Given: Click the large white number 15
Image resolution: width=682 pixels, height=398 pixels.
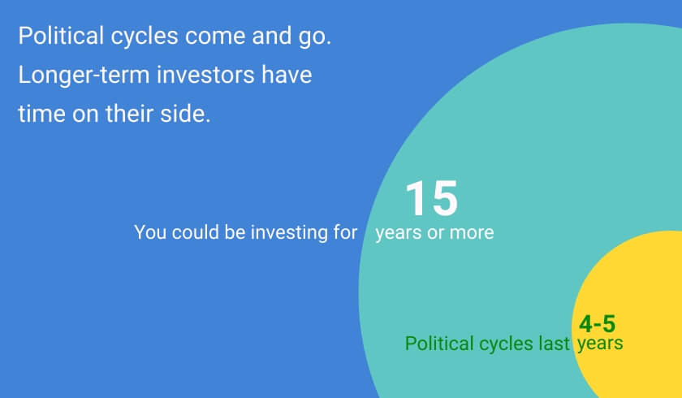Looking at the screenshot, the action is point(431,198).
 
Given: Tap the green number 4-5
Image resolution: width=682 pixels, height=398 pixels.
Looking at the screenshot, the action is point(598,324).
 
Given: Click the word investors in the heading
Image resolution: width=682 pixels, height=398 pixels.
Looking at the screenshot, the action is point(205,75).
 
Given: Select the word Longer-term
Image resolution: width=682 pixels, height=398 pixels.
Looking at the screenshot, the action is point(84,76).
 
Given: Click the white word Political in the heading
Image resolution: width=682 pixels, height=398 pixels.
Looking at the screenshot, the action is point(61,35).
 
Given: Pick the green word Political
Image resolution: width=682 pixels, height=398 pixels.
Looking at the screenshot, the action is point(440,344).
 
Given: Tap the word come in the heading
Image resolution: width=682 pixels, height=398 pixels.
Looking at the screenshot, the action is point(216,37).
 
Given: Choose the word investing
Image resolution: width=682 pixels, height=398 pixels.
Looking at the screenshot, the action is point(289,233).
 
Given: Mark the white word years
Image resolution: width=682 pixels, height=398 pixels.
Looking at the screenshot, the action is point(399,233).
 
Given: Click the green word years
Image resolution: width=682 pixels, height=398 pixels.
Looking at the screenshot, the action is point(600,344).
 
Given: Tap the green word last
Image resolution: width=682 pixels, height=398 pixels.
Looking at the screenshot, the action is point(554,344).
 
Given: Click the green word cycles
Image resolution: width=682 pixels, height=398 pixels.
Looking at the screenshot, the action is point(507,344).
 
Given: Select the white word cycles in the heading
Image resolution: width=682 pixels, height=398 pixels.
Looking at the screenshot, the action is point(145,36).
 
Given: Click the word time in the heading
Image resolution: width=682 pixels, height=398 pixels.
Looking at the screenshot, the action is point(41,114).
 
